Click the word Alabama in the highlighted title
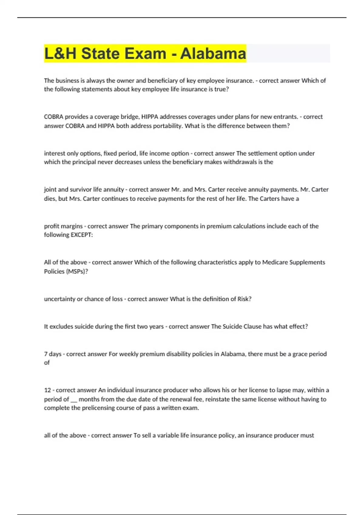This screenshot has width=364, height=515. (x=213, y=54)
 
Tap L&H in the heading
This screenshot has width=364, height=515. (x=60, y=54)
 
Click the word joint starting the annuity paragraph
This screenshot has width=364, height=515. (x=50, y=190)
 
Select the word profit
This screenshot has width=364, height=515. (x=52, y=226)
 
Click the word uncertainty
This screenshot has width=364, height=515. (x=60, y=299)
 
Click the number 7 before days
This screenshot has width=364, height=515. (x=46, y=354)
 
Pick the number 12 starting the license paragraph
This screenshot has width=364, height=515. (x=47, y=390)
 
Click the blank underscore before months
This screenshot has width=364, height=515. (x=74, y=400)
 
